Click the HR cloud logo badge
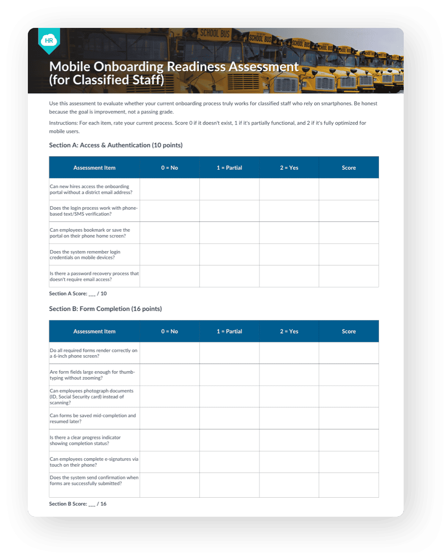pos(49,41)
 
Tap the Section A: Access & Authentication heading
pos(116,145)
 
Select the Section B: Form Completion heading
pos(105,309)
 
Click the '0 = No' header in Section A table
pos(169,168)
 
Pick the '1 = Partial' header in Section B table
pos(229,332)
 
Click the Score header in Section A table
pos(348,168)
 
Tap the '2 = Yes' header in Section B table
pos(289,332)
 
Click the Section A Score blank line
pos(92,294)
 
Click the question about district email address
pos(91,189)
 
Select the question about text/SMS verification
pos(94,211)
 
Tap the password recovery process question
pos(94,276)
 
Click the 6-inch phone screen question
pos(94,353)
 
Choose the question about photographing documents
pos(92,397)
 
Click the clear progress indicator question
pos(85,440)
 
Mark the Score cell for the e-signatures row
pos(348,462)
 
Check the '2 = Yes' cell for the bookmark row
pos(289,233)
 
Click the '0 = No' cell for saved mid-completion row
pos(169,419)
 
